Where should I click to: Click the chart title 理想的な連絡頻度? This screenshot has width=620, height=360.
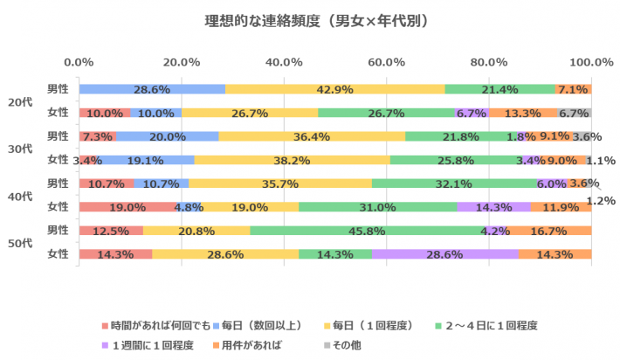pyautogui.click(x=310, y=19)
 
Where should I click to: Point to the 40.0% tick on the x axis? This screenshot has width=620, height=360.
pyautogui.click(x=284, y=62)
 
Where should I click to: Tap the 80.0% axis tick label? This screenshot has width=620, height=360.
pyautogui.click(x=488, y=62)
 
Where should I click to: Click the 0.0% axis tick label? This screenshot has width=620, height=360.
pyautogui.click(x=79, y=62)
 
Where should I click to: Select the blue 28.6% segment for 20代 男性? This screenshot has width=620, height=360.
pyautogui.click(x=152, y=89)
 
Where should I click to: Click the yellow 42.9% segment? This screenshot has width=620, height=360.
pyautogui.click(x=334, y=89)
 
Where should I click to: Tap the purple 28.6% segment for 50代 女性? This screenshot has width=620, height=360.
pyautogui.click(x=444, y=254)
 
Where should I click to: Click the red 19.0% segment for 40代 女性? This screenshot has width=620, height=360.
pyautogui.click(x=127, y=207)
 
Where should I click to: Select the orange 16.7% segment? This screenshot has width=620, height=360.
pyautogui.click(x=549, y=231)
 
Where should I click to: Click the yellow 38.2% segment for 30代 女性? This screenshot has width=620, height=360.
pyautogui.click(x=292, y=160)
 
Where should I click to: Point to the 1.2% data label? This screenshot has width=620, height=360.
pyautogui.click(x=601, y=200)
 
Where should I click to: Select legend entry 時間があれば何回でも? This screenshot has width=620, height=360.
pyautogui.click(x=156, y=324)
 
